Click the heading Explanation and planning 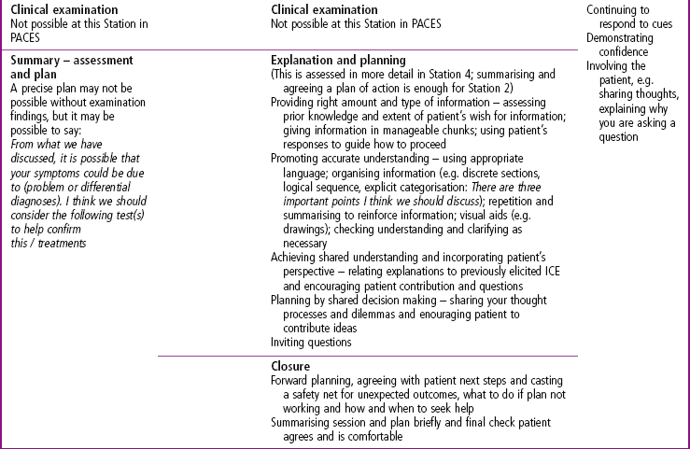click(x=338, y=60)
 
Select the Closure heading click(x=292, y=367)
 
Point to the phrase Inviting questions click(x=311, y=342)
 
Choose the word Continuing click(x=618, y=9)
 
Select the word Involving click(x=611, y=66)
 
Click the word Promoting click(x=300, y=160)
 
